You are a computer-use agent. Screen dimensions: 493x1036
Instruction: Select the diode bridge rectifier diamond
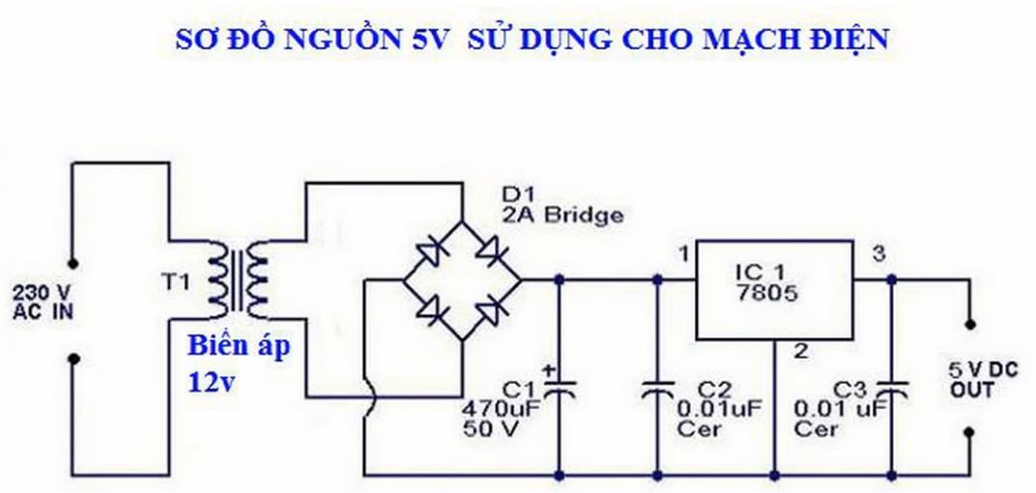point(462,280)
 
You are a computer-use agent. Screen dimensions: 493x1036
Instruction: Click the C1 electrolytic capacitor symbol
point(559,389)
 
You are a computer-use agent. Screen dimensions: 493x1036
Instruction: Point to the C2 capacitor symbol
point(659,391)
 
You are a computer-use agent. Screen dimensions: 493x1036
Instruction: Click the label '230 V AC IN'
point(40,300)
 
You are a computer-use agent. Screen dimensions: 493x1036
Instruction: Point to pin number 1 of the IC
point(682,254)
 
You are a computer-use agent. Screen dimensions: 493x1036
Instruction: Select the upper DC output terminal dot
point(969,326)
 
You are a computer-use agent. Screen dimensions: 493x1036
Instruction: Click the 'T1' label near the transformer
point(179,284)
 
